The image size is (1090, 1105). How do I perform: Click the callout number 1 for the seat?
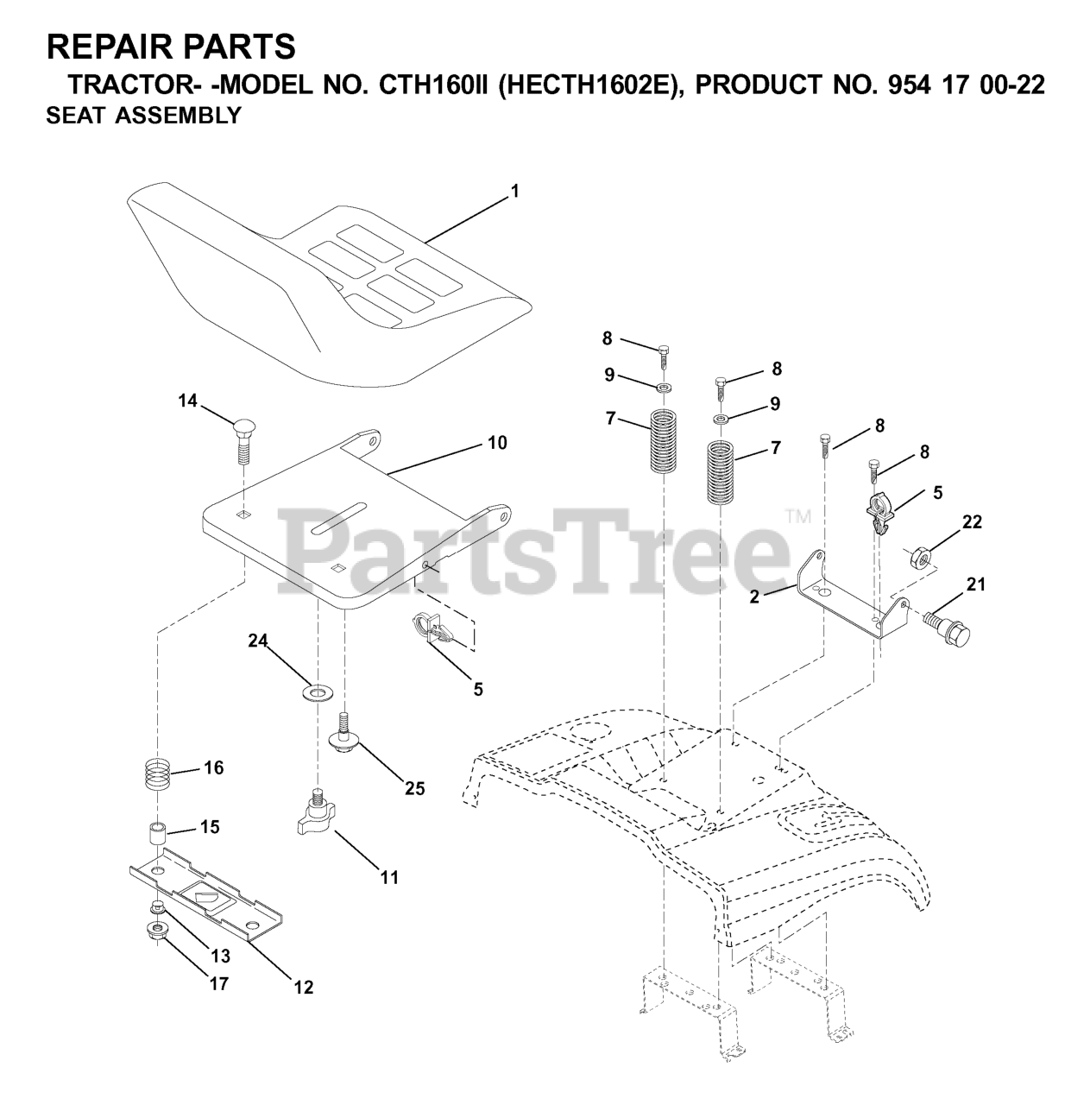click(514, 192)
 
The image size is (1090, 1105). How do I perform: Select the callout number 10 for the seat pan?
click(497, 443)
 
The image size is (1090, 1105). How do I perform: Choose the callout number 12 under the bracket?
click(303, 987)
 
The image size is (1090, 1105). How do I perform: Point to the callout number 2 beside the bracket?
click(754, 597)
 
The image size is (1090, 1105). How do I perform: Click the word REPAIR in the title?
click(104, 45)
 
